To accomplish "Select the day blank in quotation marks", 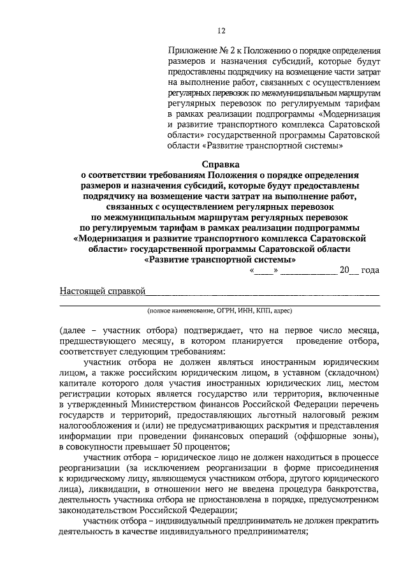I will click(x=264, y=270).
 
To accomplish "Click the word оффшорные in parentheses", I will click(x=325, y=436).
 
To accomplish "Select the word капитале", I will click(x=78, y=383).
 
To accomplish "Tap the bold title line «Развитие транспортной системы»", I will click(x=220, y=260).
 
